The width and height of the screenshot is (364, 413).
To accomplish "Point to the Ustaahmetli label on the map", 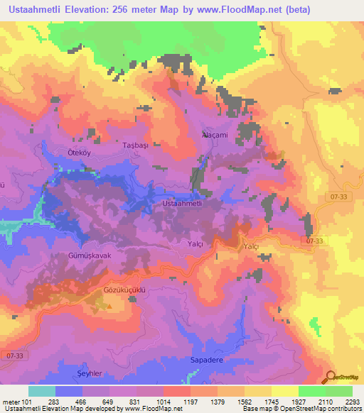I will [x=183, y=204].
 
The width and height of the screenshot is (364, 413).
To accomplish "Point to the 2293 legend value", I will [x=353, y=402].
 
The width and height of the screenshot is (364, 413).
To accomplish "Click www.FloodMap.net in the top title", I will [x=252, y=9].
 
